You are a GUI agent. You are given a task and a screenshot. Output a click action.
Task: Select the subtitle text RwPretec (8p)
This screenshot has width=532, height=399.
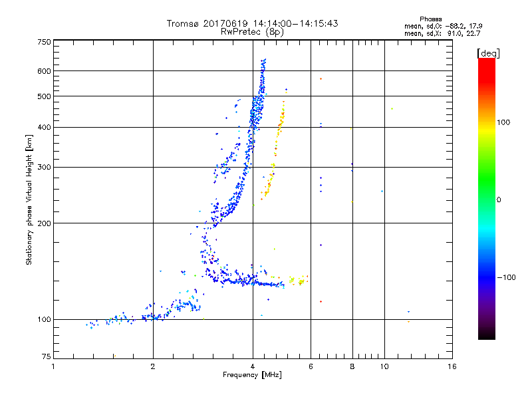click(x=253, y=31)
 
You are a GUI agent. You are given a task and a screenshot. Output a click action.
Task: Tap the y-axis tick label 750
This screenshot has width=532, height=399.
click(x=44, y=42)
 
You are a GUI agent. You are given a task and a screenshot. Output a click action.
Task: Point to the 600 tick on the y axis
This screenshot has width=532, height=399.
click(x=44, y=71)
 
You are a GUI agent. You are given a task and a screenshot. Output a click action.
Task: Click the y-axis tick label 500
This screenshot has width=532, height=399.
click(x=44, y=96)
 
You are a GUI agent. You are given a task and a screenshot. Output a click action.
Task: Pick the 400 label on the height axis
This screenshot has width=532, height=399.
click(x=44, y=128)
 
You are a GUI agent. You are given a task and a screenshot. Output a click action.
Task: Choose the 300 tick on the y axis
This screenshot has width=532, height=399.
click(x=44, y=168)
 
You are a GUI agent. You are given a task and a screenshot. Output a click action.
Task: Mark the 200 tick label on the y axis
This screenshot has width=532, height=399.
click(x=44, y=223)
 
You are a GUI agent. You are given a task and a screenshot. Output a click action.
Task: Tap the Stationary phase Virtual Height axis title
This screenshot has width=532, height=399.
click(x=29, y=199)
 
